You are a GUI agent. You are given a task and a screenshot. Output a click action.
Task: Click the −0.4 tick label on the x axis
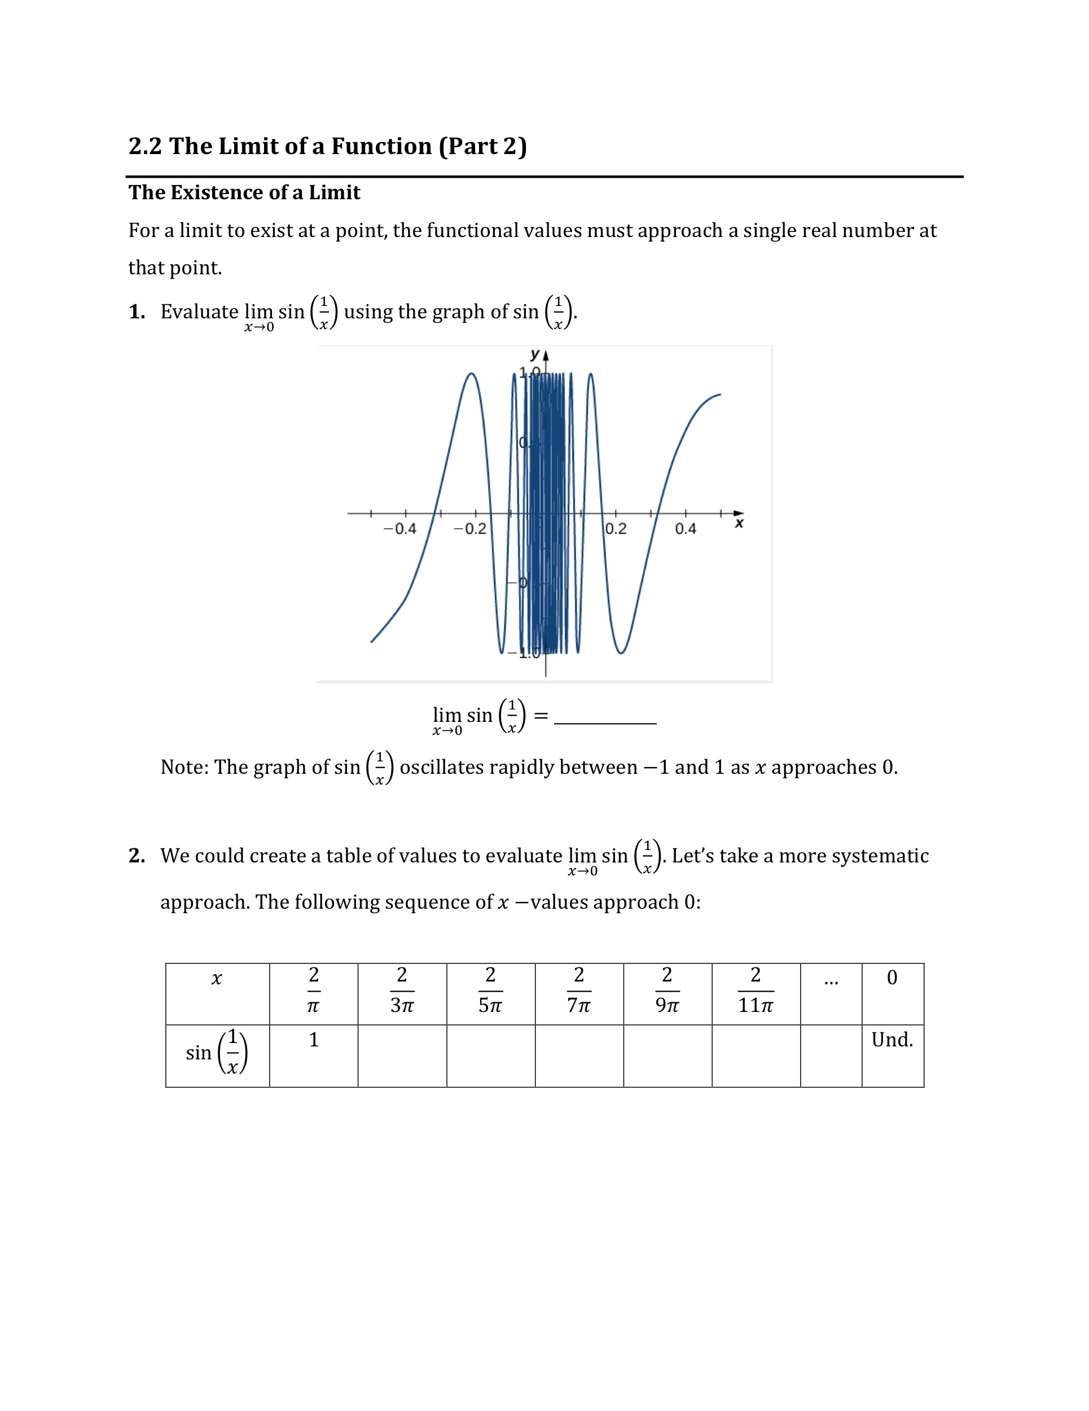click(x=400, y=528)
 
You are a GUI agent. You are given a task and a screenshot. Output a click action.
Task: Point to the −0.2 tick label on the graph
click(x=469, y=528)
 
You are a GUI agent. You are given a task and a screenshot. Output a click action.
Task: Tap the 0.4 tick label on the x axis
click(x=686, y=528)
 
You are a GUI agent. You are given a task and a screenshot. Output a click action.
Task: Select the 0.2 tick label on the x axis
click(x=616, y=528)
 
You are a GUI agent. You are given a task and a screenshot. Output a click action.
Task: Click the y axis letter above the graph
click(x=534, y=353)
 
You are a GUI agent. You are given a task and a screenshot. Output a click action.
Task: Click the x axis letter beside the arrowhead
click(x=739, y=523)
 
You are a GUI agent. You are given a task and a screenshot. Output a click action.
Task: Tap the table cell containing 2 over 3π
click(x=402, y=993)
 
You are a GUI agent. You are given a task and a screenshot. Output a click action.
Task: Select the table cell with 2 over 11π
click(x=756, y=993)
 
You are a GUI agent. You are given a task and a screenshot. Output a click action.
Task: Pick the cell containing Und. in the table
click(x=892, y=1054)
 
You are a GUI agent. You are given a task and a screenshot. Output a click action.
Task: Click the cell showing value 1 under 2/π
click(x=313, y=1054)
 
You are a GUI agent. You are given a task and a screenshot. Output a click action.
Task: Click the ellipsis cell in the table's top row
click(x=831, y=993)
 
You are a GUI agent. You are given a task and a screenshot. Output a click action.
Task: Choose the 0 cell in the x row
click(x=892, y=993)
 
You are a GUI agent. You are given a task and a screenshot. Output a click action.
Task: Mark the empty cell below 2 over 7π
click(x=579, y=1055)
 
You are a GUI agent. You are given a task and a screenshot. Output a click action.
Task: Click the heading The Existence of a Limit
click(x=244, y=192)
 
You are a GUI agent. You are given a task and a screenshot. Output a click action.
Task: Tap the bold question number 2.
click(x=137, y=856)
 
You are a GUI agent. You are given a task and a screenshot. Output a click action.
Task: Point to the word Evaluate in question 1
click(x=199, y=312)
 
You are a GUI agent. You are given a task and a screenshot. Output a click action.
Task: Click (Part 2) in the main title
click(x=482, y=146)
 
